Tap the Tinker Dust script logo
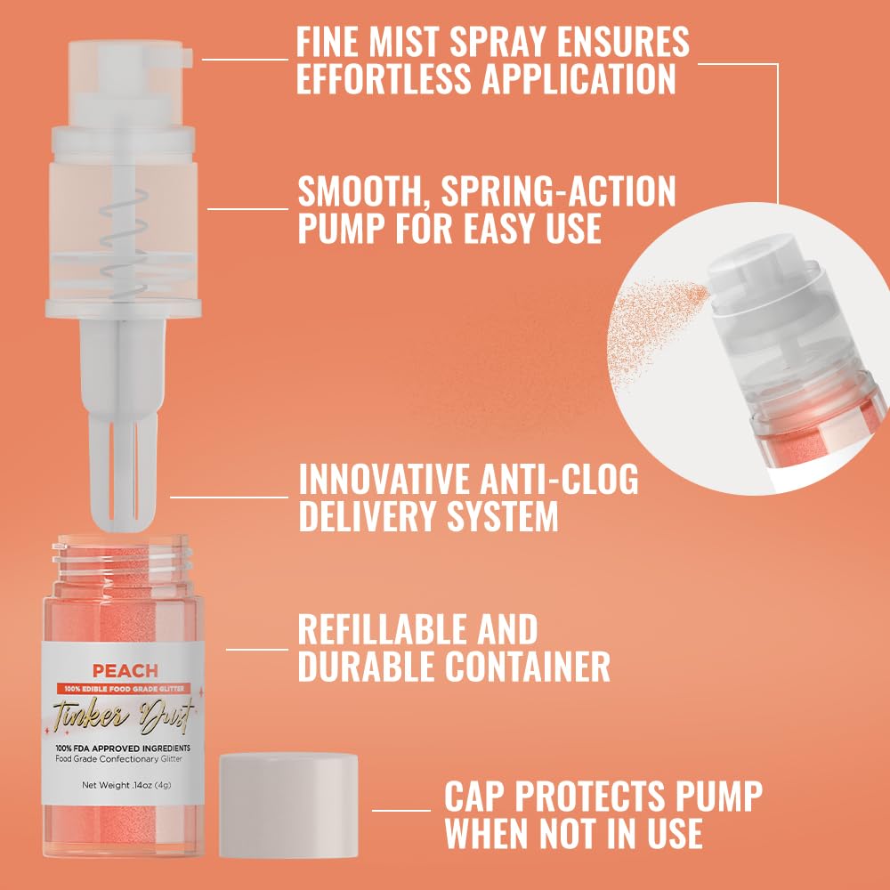124,713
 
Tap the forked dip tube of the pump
124,445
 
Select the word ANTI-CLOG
546,480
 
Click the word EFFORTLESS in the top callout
384,78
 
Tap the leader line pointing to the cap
400,810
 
